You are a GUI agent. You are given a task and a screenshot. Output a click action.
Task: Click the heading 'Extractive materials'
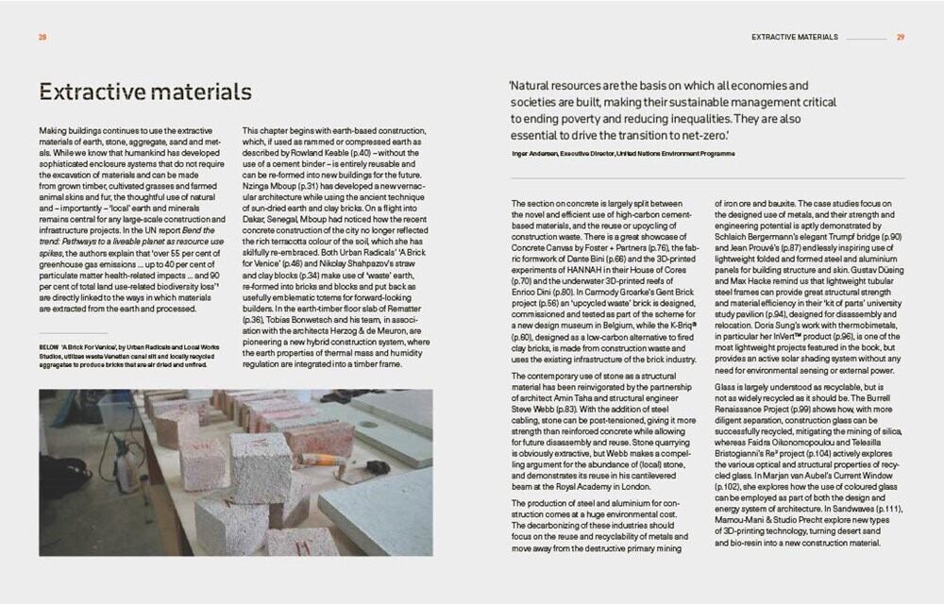tap(145, 92)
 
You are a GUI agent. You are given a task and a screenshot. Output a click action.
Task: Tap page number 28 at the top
tap(43, 38)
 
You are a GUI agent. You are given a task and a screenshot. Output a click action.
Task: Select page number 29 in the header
tap(901, 38)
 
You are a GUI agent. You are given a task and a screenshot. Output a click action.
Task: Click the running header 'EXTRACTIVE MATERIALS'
tap(794, 38)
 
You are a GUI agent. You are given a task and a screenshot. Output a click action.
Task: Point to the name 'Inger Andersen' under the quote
tap(531, 151)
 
